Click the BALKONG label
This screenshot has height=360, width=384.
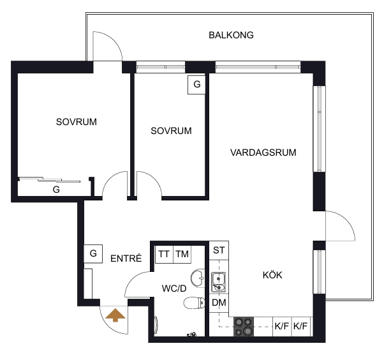231,35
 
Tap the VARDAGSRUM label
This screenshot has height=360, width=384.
263,153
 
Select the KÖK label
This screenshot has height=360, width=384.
272,275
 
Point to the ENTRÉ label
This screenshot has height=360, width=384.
126,259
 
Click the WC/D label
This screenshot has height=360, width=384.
174,289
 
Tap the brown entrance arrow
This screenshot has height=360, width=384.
115,315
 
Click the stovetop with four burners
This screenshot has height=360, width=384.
244,327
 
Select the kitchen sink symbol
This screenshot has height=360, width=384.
219,282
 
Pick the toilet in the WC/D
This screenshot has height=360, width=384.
194,303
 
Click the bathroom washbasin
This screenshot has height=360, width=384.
198,278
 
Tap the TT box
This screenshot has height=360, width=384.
164,255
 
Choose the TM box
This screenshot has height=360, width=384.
182,255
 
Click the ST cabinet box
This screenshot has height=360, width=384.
219,250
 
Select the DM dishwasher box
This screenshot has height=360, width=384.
219,303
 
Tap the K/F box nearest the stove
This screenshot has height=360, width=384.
282,326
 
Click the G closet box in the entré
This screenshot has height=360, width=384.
93,253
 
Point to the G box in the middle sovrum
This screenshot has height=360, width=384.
196,85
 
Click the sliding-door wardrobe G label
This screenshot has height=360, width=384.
56,190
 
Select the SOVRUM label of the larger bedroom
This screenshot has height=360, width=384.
77,122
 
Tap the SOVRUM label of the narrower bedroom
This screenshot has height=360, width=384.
171,131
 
